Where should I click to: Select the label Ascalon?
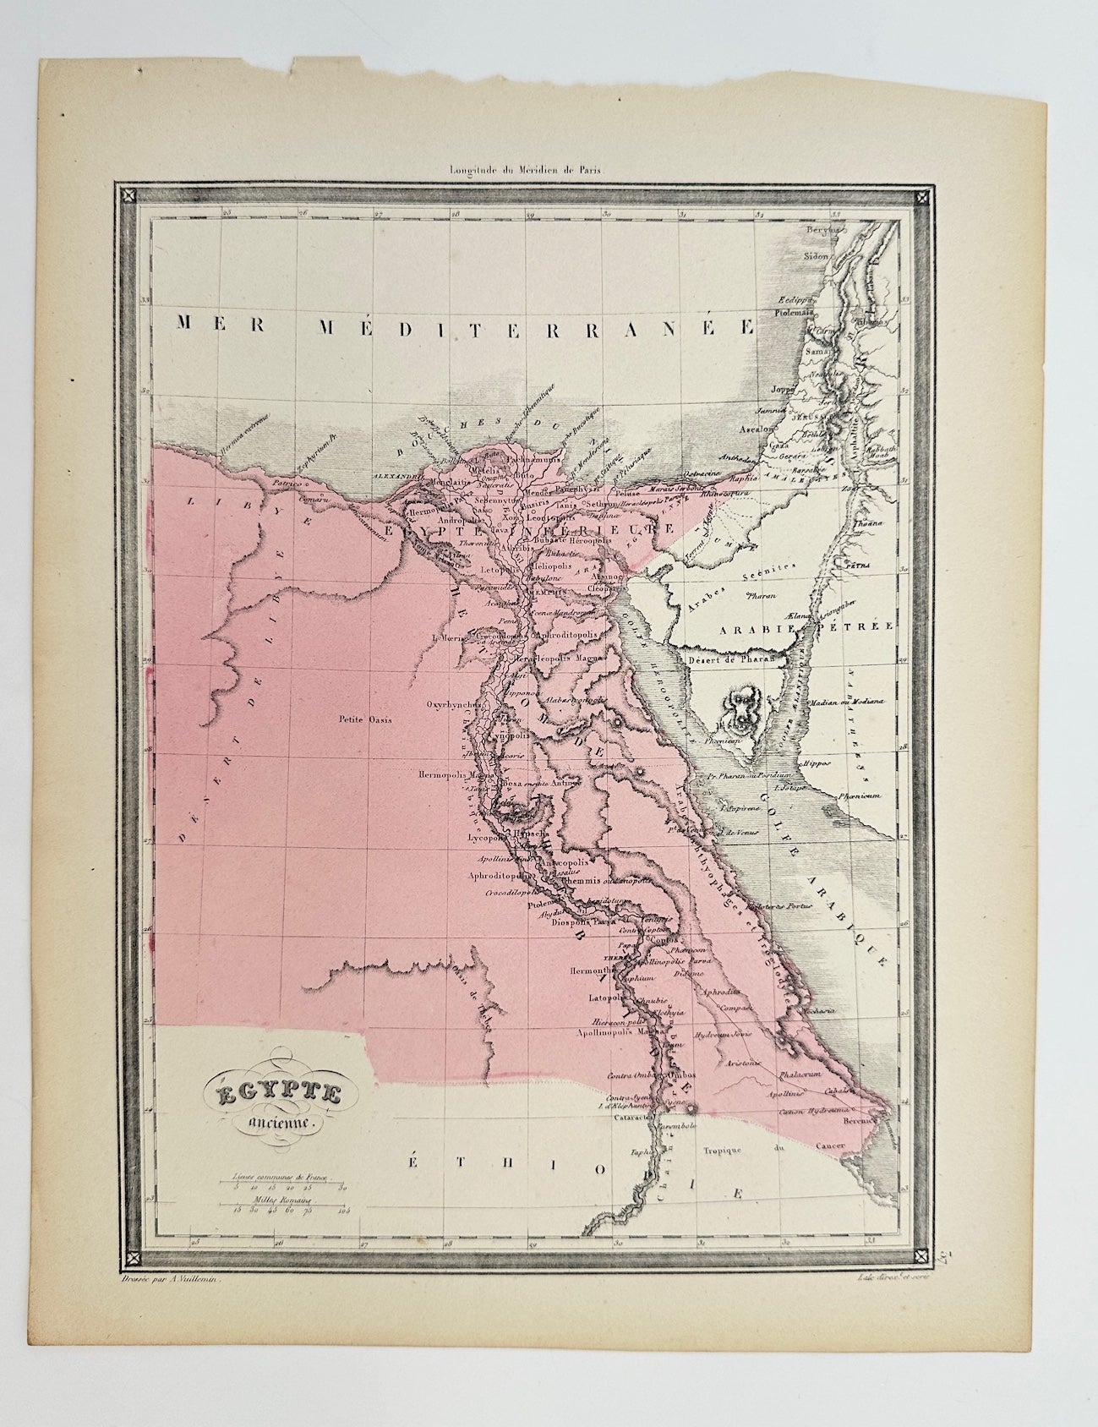pyautogui.click(x=758, y=429)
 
